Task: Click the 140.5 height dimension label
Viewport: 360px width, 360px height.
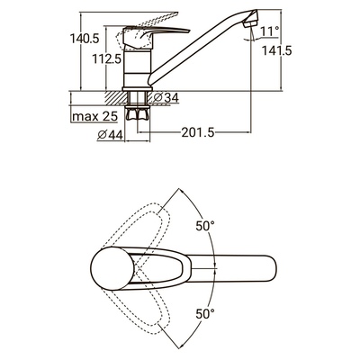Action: point(85,39)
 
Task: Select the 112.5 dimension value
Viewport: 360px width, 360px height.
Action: point(106,58)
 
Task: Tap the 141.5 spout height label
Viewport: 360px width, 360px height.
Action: point(277,50)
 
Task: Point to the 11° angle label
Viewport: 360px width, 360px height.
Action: point(270,31)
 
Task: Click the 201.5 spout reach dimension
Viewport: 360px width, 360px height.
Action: point(198,132)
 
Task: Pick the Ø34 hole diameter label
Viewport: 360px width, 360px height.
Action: point(166,97)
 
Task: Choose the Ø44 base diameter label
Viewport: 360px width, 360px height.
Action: point(110,135)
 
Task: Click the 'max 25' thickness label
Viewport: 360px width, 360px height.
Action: point(94,116)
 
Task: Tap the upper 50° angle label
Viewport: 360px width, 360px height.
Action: point(205,226)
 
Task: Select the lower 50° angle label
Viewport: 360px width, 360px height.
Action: point(205,314)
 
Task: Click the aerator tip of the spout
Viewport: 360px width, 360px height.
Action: point(251,21)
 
